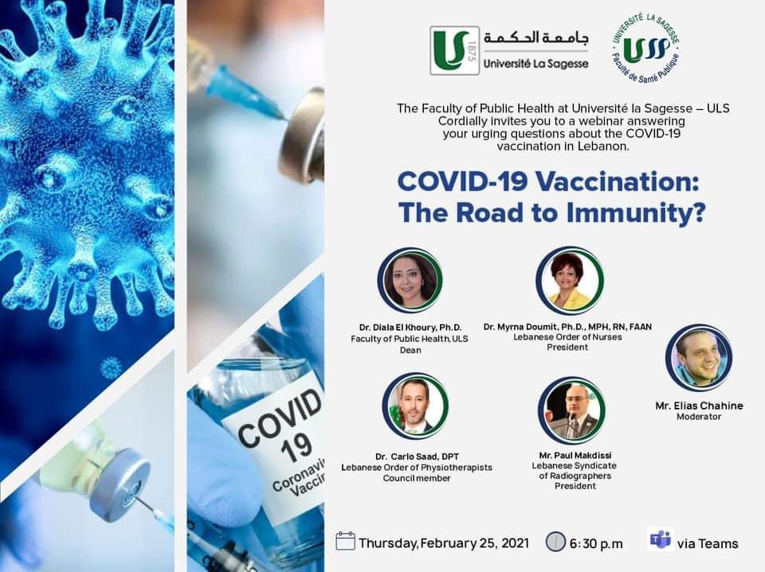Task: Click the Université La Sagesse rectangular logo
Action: coord(509,50)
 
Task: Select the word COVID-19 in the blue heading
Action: coord(462,182)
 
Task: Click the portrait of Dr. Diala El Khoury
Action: coord(410,280)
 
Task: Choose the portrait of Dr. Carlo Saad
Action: coord(415,406)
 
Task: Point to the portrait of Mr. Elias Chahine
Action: coord(699,358)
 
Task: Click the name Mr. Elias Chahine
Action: coord(699,405)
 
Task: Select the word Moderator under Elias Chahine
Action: coord(699,417)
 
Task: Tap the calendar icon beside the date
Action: coord(345,541)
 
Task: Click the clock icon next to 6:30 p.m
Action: coord(555,542)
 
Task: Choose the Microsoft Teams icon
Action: coord(661,539)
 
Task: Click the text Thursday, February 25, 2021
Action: coord(444,543)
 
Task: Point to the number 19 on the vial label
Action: coord(296,448)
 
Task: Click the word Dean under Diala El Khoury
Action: coord(410,350)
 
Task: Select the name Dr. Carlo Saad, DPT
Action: coord(417,457)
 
